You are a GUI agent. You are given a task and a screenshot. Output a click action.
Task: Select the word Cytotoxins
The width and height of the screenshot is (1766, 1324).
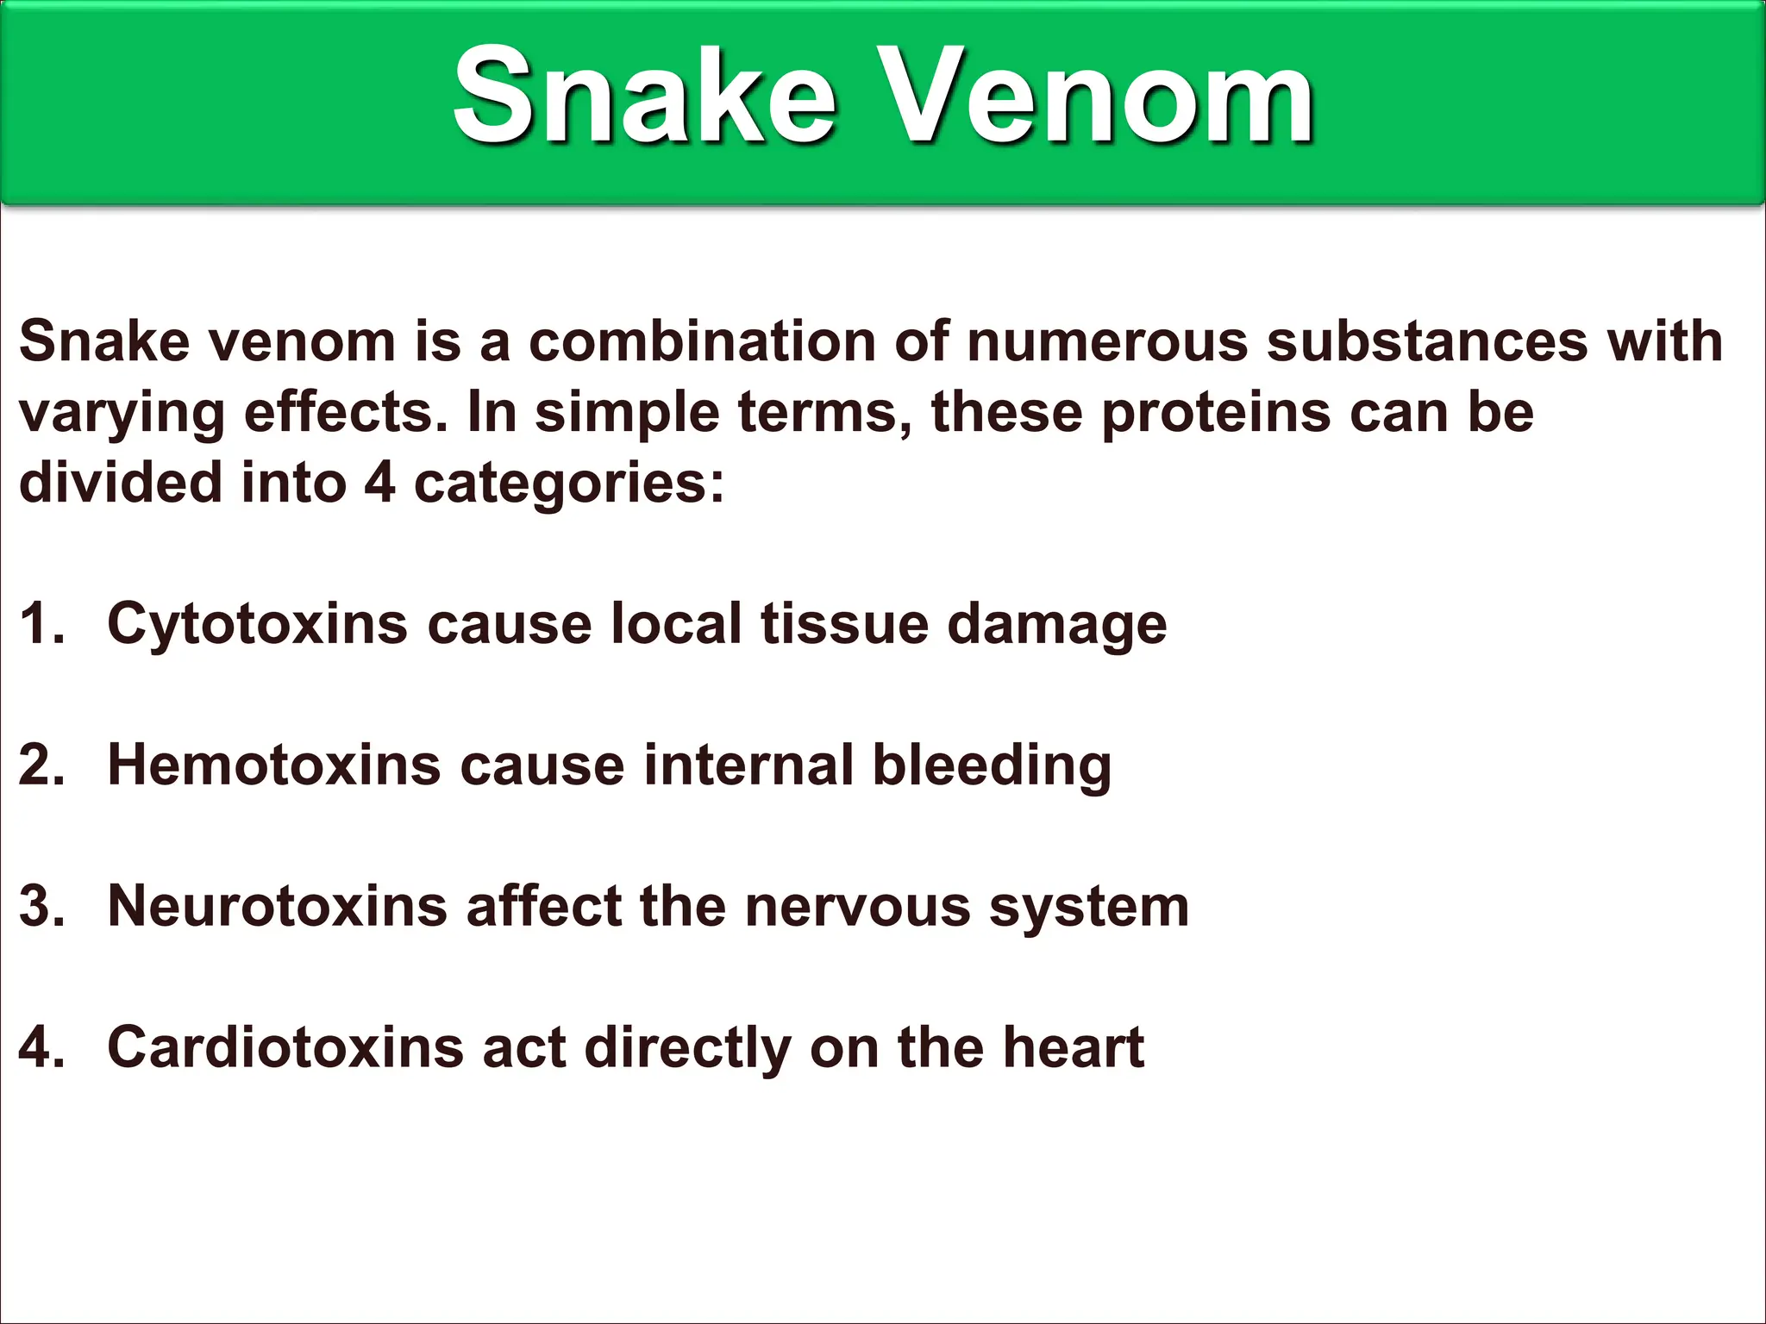pos(257,623)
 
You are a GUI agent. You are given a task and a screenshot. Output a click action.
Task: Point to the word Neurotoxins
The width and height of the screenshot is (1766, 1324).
pos(277,906)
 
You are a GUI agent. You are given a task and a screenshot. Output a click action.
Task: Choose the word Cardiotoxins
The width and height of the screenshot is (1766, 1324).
pos(285,1047)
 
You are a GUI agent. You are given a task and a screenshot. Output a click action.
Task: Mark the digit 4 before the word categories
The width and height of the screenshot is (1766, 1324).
pos(379,483)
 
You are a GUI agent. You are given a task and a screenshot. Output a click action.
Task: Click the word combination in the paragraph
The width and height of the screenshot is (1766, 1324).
pos(702,341)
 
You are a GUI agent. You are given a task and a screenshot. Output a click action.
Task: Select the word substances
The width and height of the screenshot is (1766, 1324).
pos(1426,341)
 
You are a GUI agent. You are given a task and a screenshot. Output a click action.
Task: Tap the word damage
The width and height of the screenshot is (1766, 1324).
pos(1057,625)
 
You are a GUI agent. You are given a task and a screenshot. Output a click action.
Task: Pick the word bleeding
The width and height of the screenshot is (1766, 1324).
pos(992,766)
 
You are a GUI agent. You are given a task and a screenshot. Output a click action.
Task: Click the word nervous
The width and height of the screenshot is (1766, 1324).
pos(857,908)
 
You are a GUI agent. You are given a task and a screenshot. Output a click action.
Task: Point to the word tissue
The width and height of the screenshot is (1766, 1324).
pos(844,623)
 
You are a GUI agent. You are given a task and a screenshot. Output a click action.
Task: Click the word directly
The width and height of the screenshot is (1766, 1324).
pos(687,1049)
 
